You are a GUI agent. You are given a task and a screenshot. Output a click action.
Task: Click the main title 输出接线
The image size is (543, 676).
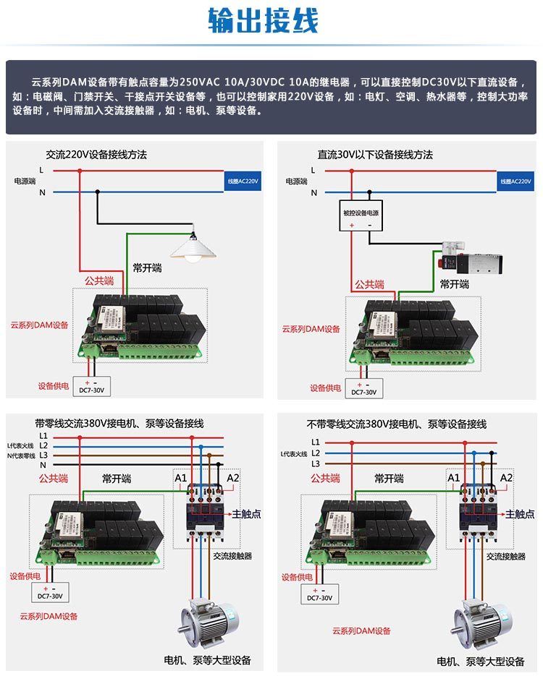[263, 21]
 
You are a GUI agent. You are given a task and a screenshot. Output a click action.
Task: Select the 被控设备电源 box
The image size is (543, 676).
[361, 213]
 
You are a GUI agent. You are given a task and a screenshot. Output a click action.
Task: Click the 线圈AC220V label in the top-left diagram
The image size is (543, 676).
[243, 181]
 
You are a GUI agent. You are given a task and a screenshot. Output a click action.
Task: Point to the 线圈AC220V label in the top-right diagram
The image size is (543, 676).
[515, 181]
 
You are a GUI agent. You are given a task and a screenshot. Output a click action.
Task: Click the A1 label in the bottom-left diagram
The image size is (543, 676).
[181, 478]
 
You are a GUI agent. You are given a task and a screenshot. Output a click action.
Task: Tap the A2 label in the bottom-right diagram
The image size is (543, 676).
[506, 478]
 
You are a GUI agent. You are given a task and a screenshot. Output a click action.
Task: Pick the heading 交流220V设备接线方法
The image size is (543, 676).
[96, 155]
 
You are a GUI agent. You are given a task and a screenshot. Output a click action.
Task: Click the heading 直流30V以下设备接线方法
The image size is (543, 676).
[375, 155]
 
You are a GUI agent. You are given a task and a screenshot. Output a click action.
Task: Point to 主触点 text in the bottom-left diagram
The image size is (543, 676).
[246, 514]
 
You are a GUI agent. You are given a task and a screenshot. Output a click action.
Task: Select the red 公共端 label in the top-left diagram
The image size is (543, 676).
[99, 281]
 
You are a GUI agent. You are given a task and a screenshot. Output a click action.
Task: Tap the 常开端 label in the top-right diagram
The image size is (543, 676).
[455, 284]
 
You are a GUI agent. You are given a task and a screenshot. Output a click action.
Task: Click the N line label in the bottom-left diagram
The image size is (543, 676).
[43, 465]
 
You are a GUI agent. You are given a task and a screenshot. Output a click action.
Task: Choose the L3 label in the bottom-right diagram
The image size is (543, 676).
[315, 463]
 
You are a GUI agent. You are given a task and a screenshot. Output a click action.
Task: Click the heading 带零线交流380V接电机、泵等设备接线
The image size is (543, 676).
[119, 424]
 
